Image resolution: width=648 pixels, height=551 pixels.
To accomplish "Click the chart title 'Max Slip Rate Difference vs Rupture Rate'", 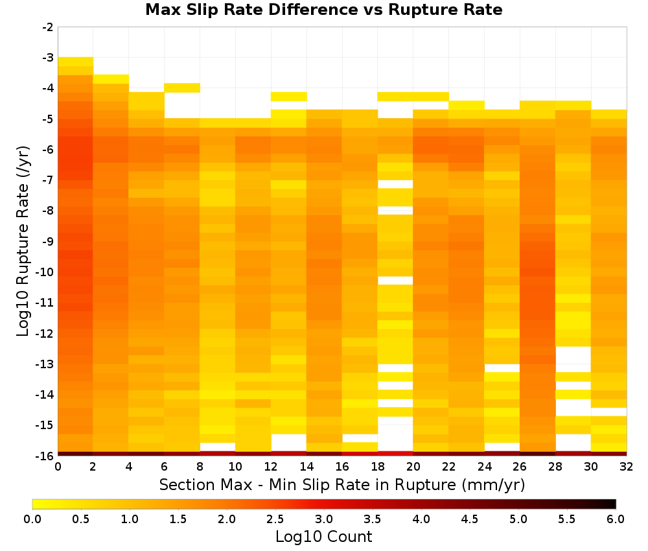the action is (x=323, y=10).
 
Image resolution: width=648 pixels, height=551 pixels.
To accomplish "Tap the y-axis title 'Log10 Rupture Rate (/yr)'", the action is (x=23, y=241).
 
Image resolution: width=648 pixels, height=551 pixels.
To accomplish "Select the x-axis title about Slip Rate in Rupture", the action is (x=341, y=485).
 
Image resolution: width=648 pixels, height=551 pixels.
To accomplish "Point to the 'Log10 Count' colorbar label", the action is (x=323, y=537).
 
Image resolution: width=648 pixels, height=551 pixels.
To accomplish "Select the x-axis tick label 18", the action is (x=377, y=467).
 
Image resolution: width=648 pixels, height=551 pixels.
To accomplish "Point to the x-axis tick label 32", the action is (x=626, y=467).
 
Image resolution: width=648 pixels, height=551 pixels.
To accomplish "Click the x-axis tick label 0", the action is (x=58, y=467).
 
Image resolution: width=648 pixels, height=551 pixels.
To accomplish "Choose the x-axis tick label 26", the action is (x=520, y=467).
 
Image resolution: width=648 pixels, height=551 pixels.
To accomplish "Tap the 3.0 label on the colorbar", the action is (x=323, y=519).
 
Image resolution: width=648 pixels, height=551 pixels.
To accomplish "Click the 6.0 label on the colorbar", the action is (x=616, y=519).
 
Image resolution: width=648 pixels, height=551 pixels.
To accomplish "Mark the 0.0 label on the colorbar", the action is (x=32, y=519).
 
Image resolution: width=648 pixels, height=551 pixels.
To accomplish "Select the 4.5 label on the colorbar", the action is (x=469, y=519).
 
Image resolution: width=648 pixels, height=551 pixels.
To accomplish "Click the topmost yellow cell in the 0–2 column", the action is (x=76, y=62).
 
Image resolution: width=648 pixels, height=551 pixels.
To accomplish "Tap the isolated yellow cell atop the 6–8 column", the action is (x=182, y=88).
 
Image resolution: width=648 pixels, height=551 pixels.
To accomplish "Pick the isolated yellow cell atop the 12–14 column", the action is (x=289, y=97).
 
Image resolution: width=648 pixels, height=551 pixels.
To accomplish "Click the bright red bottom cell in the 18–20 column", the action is (x=395, y=454).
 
